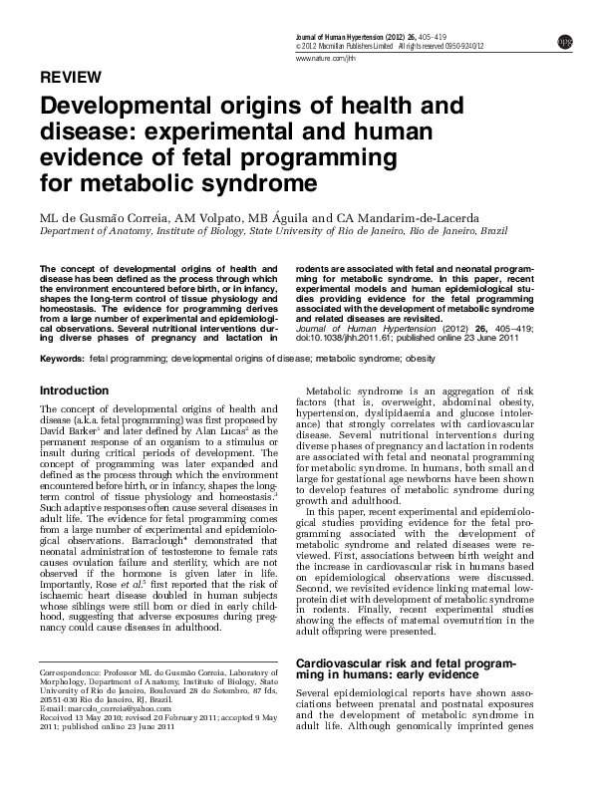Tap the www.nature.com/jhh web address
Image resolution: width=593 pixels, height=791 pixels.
pyautogui.click(x=326, y=59)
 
